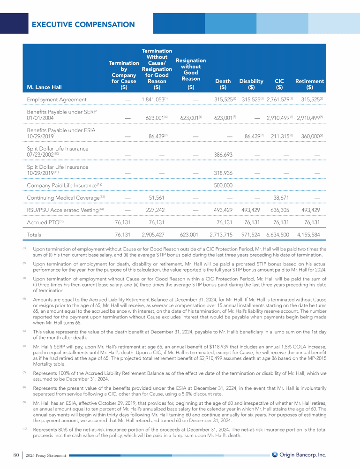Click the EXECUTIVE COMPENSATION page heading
tap(83, 24)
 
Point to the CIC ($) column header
tap(279, 84)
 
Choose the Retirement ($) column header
tap(309, 84)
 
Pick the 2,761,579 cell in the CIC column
tap(278, 99)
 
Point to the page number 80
tap(16, 454)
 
